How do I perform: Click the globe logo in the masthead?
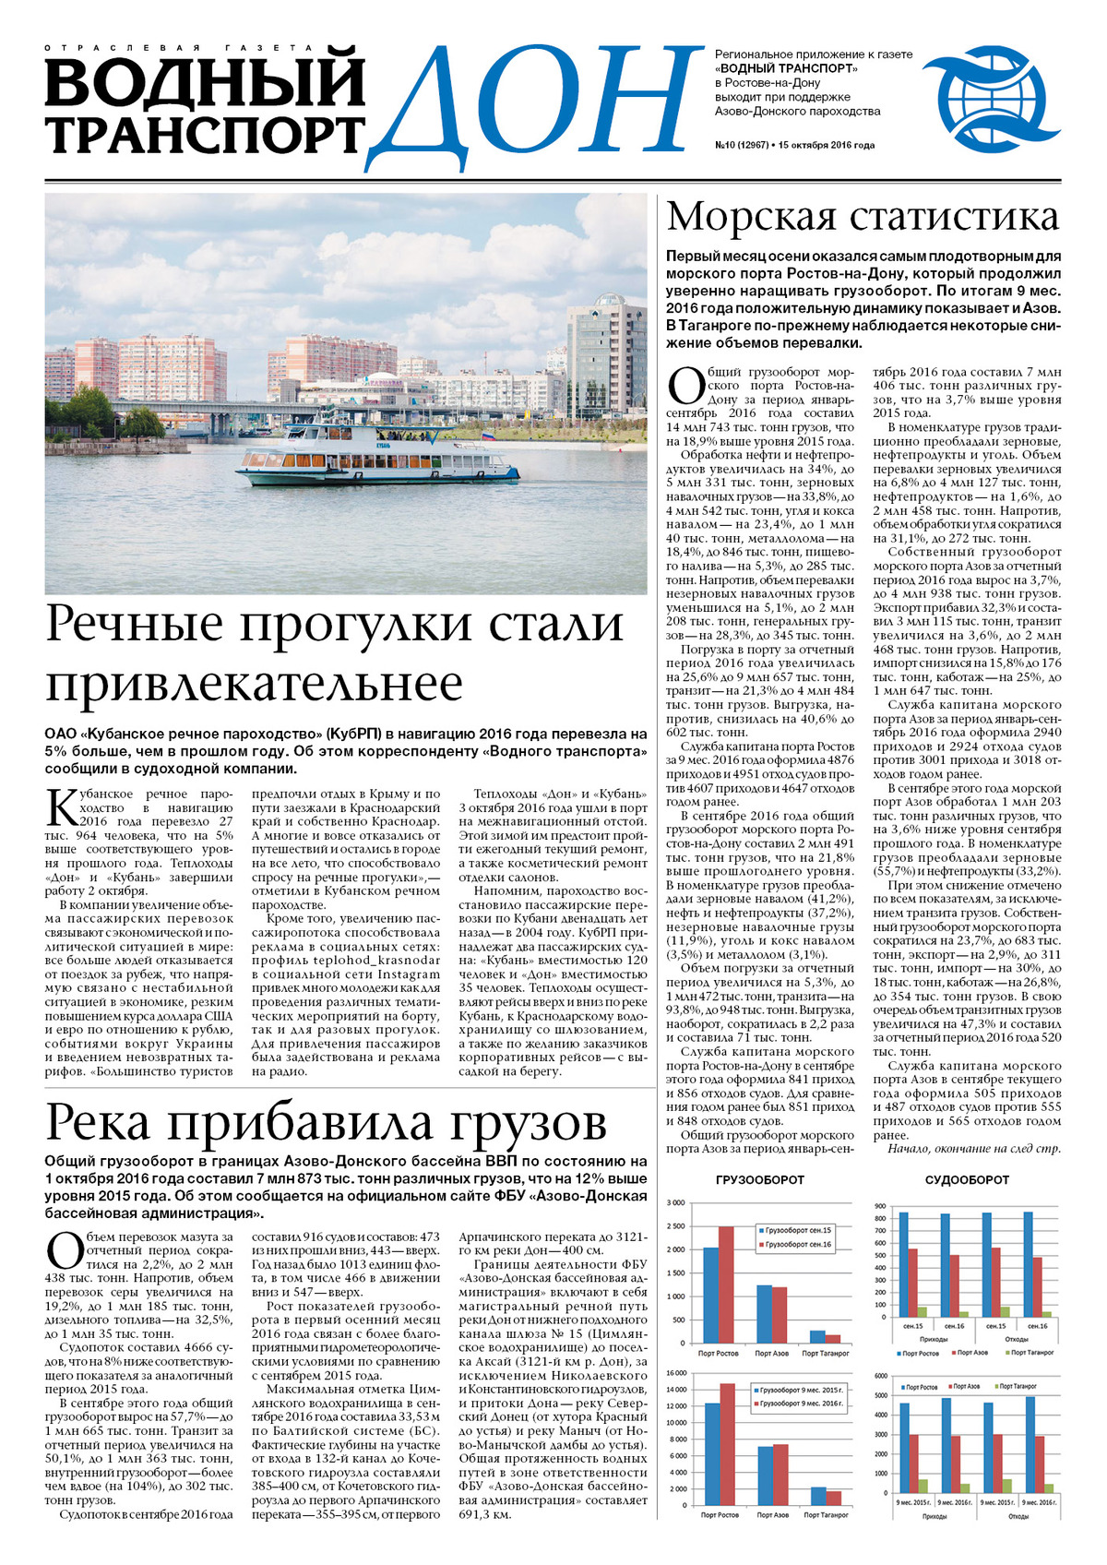point(983,102)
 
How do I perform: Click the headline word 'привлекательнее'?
point(254,684)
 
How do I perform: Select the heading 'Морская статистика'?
point(862,217)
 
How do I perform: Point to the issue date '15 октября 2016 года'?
point(826,145)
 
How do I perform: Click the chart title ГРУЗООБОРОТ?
point(759,1179)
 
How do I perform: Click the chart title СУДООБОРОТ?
point(967,1179)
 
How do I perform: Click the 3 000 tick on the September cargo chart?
point(675,1203)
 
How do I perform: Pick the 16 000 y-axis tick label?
point(674,1373)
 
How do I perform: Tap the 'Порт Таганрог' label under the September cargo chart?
point(825,1354)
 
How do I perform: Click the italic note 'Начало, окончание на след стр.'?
point(973,1149)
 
